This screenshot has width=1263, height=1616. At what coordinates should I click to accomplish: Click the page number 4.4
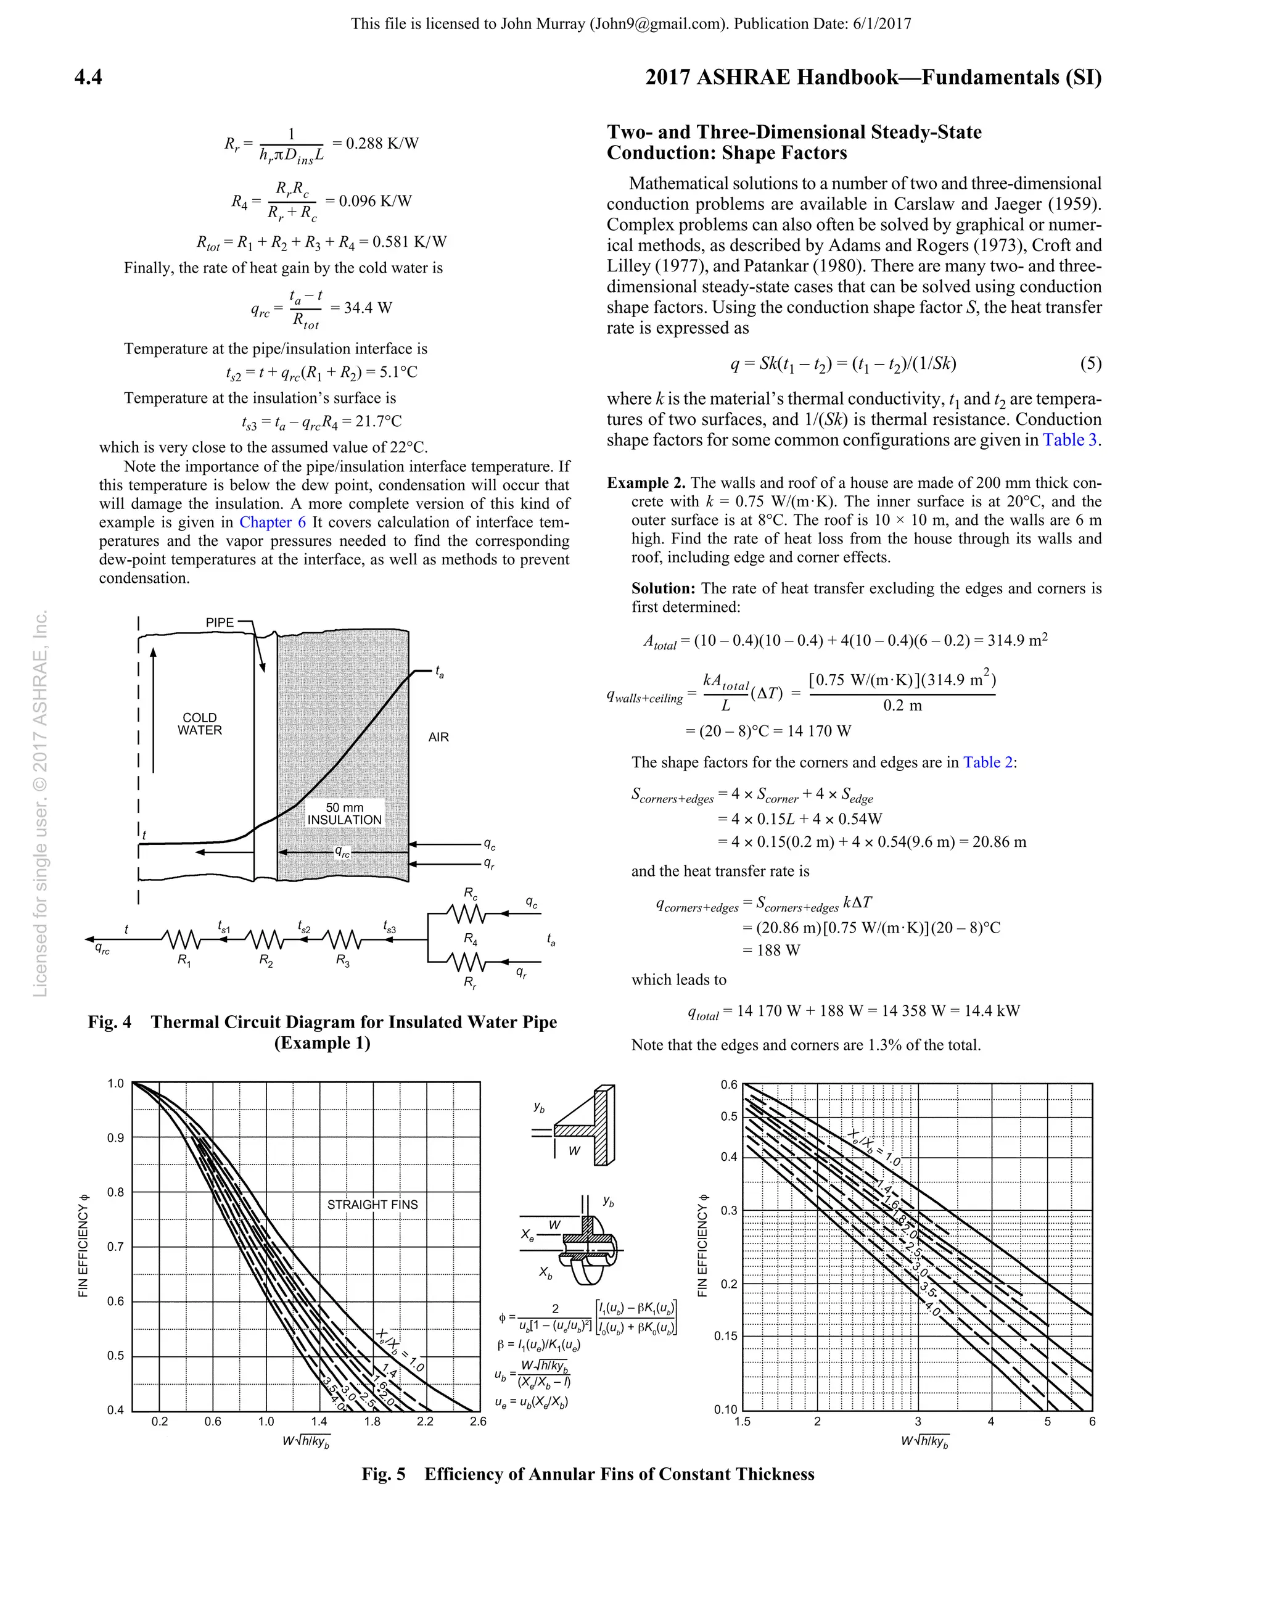88,77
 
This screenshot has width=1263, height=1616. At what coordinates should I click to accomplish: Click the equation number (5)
1090,363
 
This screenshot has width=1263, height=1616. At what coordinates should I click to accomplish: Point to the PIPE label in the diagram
220,622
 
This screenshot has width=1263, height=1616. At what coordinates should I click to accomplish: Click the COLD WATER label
200,723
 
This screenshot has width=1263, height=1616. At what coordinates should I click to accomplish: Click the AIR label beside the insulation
438,737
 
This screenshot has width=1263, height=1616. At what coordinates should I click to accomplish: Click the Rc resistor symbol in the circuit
466,915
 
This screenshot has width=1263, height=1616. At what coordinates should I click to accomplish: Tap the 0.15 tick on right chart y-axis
726,1337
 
